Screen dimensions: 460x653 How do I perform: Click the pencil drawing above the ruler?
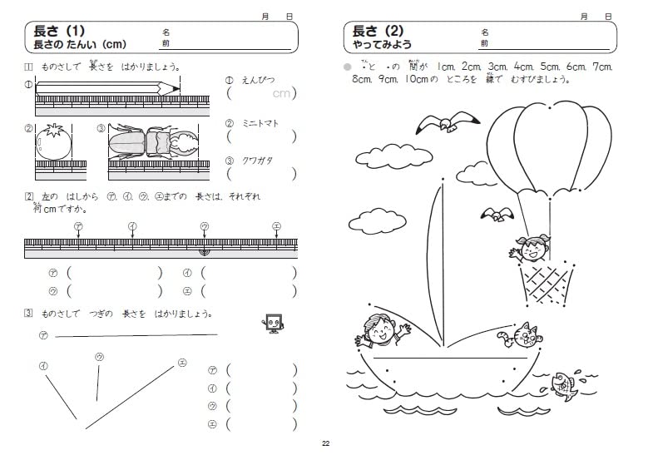click(106, 86)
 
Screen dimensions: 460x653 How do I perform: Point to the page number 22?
click(326, 443)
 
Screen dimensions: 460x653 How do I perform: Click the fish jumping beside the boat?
click(564, 383)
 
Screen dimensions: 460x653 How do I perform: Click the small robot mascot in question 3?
click(272, 324)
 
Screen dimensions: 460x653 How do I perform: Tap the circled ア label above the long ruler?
click(77, 225)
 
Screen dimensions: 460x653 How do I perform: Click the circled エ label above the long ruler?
click(277, 225)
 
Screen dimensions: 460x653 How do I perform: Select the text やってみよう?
click(382, 45)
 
